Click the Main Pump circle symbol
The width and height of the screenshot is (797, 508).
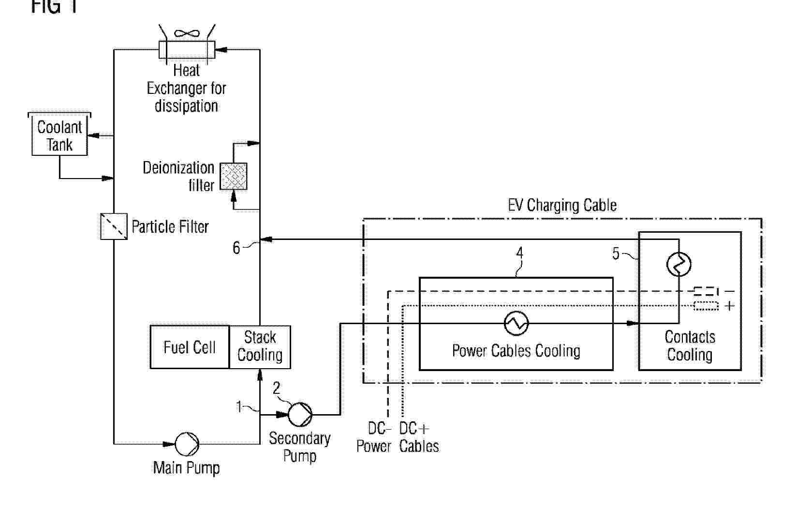tap(187, 444)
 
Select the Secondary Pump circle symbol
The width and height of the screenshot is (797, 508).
tap(300, 414)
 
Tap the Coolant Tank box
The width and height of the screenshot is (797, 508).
tap(59, 135)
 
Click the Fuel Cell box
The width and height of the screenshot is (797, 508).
tap(189, 347)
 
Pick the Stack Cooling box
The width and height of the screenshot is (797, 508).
tap(260, 347)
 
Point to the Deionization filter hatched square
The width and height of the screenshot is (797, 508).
tap(234, 176)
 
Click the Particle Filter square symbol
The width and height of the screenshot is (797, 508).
tap(114, 226)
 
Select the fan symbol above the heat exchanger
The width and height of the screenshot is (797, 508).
tap(187, 33)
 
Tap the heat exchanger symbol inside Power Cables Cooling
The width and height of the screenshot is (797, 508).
tap(516, 323)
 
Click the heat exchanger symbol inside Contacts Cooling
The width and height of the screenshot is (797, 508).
tap(679, 264)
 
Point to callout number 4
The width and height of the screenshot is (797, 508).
tap(520, 253)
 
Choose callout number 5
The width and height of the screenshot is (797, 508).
tap(616, 253)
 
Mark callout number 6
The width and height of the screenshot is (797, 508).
tap(236, 248)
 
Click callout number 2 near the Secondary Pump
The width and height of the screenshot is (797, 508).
tap(277, 388)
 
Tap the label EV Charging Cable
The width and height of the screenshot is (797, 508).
tap(562, 205)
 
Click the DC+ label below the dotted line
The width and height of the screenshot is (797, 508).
tap(413, 429)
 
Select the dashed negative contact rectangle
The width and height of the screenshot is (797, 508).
tap(706, 291)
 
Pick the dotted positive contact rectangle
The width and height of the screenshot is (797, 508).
tap(706, 306)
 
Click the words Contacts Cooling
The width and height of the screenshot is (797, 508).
tap(690, 346)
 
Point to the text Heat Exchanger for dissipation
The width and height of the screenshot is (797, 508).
tap(187, 89)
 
